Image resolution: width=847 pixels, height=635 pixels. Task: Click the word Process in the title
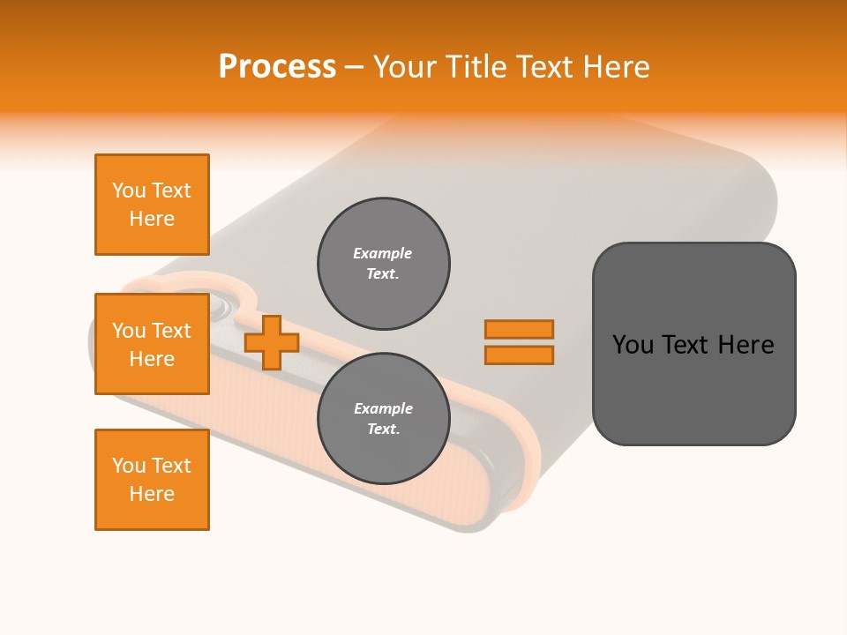[277, 67]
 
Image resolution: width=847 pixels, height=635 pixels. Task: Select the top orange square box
[152, 205]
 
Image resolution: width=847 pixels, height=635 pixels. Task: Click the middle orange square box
[152, 344]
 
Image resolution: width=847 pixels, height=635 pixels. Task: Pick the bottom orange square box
[152, 480]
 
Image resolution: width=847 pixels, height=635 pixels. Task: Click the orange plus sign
[272, 343]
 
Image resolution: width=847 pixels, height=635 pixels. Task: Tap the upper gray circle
[384, 264]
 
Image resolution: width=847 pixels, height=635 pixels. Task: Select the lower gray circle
[384, 419]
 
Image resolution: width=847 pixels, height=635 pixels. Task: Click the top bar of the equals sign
[519, 329]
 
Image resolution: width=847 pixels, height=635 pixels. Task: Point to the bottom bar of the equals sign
[519, 355]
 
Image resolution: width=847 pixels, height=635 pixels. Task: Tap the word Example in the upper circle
[383, 253]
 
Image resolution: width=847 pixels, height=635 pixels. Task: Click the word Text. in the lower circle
[383, 430]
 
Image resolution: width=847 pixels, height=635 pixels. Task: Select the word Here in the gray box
[746, 345]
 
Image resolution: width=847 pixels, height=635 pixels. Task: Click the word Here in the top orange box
[152, 219]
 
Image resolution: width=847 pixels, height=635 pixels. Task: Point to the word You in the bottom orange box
[129, 466]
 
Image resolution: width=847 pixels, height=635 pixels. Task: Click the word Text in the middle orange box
[171, 331]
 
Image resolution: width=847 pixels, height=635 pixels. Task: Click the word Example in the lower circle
[383, 408]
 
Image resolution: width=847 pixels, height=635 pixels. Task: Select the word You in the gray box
[633, 345]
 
